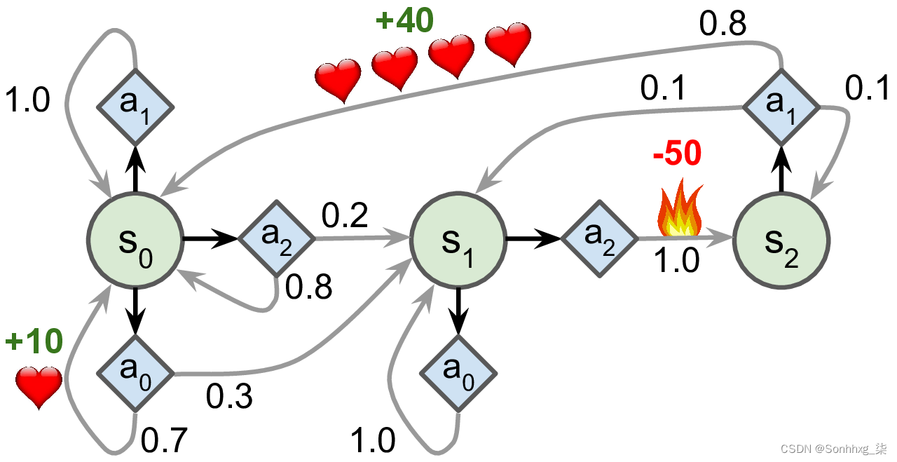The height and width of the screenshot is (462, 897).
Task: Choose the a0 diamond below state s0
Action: click(135, 372)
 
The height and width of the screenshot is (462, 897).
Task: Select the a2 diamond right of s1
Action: click(599, 239)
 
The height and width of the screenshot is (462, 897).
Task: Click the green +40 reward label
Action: click(405, 21)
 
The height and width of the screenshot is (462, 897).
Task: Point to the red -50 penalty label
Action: click(677, 155)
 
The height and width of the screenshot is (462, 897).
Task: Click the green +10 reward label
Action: click(34, 342)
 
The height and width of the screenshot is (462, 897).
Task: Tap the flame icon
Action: click(678, 211)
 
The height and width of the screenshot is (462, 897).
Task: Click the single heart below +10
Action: click(39, 386)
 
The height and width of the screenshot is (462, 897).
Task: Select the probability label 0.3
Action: click(229, 398)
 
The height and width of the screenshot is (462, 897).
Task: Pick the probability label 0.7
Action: click(165, 440)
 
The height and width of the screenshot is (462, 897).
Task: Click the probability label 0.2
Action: click(345, 217)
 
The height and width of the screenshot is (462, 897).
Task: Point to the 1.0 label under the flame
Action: click(676, 261)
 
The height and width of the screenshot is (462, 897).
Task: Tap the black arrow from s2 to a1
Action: click(781, 174)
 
